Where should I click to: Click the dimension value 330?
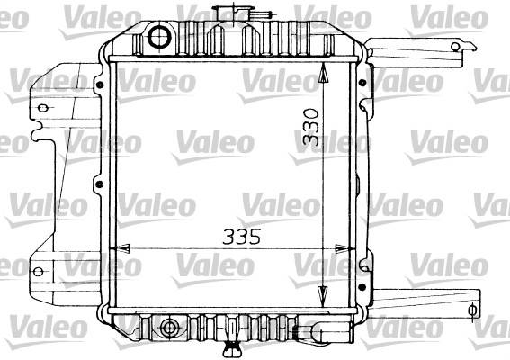pos(310,127)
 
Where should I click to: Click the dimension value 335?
pos(242,237)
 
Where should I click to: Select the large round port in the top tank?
pos(159,37)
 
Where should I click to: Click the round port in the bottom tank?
pos(169,327)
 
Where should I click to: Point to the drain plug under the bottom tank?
pos(232,349)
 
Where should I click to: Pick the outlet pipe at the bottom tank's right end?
pos(323,331)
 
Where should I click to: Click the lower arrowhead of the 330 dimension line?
pos(322,295)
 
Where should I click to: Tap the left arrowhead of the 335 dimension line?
pos(122,248)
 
